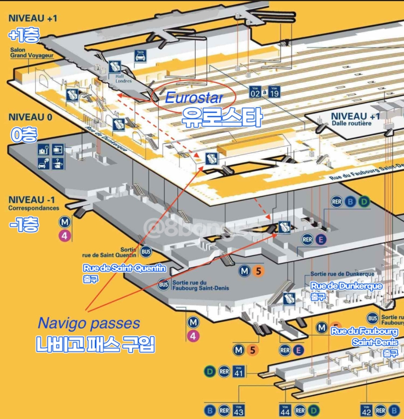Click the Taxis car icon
pyautogui.click(x=140, y=56)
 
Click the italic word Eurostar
pyautogui.click(x=194, y=98)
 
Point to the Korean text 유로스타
pyautogui.click(x=221, y=117)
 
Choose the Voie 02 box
pyautogui.click(x=255, y=92)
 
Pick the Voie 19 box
pyautogui.click(x=274, y=92)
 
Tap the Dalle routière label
pyautogui.click(x=352, y=123)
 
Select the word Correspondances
pyautogui.click(x=34, y=208)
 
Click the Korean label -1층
pyautogui.click(x=24, y=226)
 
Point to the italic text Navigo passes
pyautogui.click(x=89, y=323)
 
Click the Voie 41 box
pyautogui.click(x=239, y=372)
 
